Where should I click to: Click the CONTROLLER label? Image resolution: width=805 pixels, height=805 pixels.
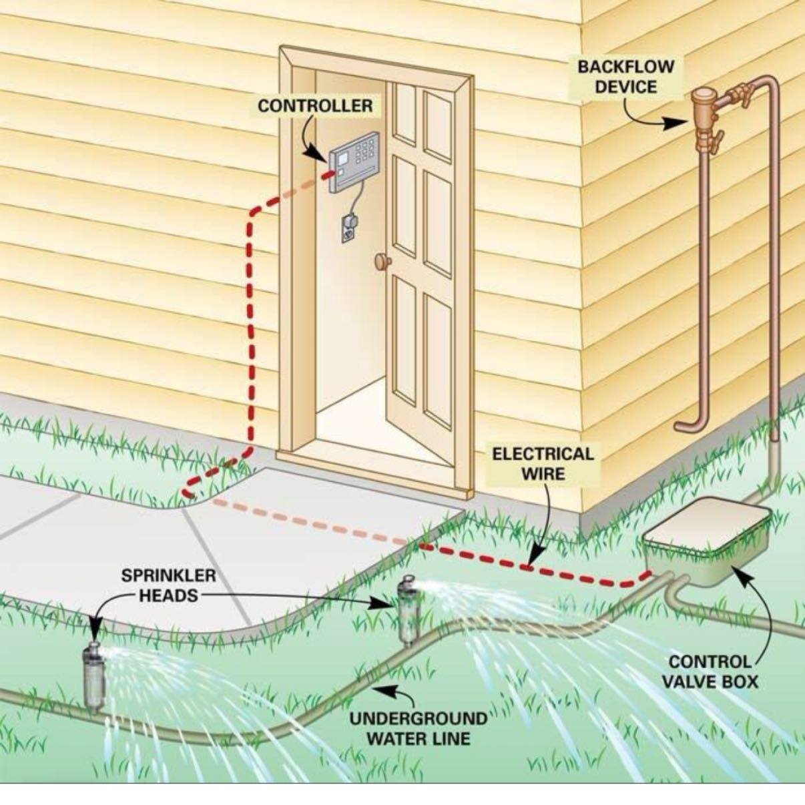(x=315, y=105)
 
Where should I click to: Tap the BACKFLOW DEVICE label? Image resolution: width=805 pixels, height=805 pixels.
(x=626, y=77)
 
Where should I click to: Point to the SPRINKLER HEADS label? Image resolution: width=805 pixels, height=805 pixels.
(x=169, y=585)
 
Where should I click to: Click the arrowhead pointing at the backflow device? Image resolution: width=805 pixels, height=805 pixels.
(x=677, y=123)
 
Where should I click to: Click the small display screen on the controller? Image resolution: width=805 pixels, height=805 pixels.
(x=343, y=158)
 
